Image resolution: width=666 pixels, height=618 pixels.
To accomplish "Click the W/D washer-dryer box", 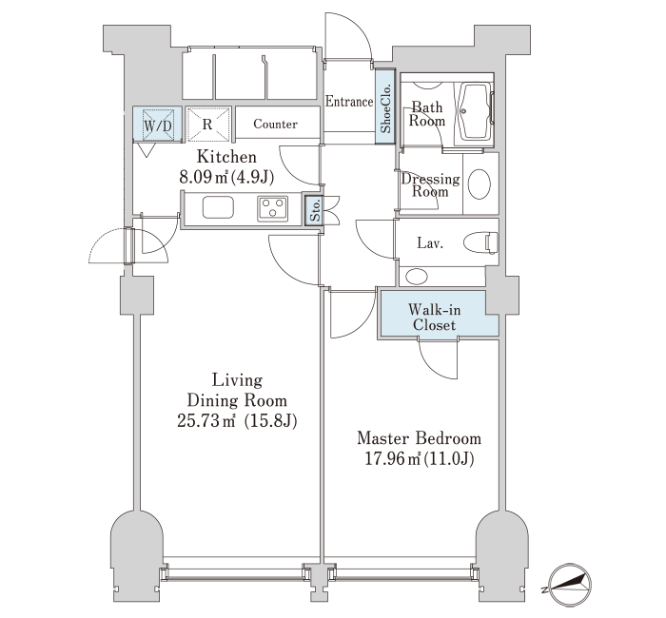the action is pos(158,124).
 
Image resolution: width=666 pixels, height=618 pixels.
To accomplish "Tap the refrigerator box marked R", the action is pos(208,124).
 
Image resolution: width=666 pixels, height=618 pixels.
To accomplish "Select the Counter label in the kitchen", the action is pos(275,124).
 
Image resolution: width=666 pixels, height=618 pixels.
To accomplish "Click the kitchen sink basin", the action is pos(218,207).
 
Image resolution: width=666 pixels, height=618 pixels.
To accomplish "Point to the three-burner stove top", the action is pos(273,208).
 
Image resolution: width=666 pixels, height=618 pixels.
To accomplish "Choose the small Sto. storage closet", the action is pos(315,210).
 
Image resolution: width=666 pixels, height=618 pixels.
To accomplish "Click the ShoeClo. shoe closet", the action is pos(385,106).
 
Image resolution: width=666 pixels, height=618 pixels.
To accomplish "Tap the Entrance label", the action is pos(349,102).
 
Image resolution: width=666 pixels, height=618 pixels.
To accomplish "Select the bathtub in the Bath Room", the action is pos(476,111).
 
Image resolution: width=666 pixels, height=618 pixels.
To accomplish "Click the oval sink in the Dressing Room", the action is pos(480,183).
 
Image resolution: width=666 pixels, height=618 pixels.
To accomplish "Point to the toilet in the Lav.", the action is pos(480,243).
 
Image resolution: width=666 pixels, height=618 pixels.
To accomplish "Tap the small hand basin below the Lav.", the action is pos(417,277).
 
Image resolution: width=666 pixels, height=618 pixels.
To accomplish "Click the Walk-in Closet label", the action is pos(434,318).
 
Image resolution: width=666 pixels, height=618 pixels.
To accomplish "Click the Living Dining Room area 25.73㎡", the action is pos(206,420).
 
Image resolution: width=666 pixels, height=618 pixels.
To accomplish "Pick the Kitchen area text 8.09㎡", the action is pos(204,177).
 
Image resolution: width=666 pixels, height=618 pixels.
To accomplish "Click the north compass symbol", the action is pos(569,585).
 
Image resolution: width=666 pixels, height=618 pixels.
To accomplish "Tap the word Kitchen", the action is pos(226,157).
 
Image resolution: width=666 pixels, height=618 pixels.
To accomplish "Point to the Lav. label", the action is pos(430,243).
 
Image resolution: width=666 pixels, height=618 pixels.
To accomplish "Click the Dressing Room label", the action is pos(430,185).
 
